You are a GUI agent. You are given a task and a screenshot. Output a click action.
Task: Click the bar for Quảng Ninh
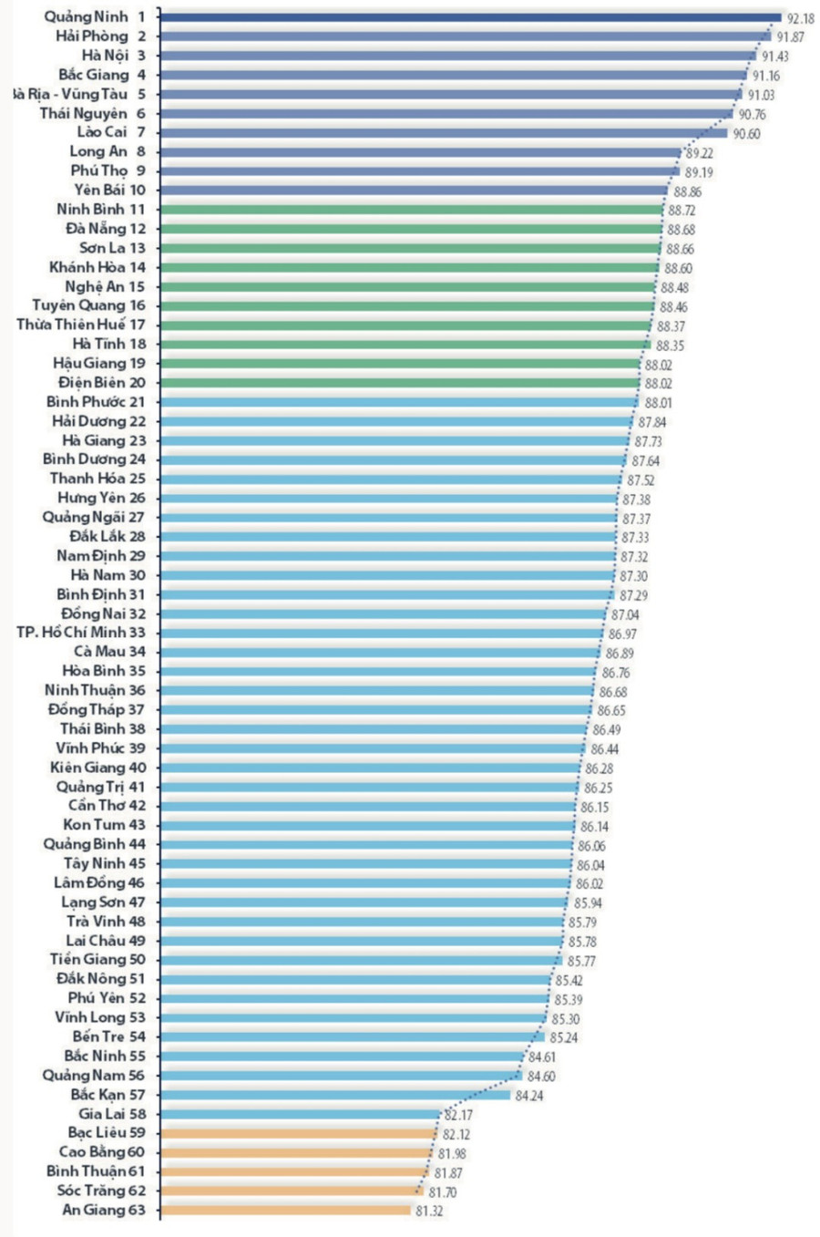pyautogui.click(x=469, y=16)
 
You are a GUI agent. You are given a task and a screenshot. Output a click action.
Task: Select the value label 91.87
pyautogui.click(x=790, y=37)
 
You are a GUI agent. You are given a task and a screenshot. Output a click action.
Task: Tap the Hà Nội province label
pyautogui.click(x=105, y=56)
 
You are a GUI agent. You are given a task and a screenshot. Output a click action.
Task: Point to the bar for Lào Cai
pyautogui.click(x=443, y=133)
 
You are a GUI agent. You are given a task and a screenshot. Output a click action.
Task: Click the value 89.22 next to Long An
pyautogui.click(x=700, y=153)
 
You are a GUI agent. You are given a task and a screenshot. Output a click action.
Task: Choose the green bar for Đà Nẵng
pyautogui.click(x=410, y=229)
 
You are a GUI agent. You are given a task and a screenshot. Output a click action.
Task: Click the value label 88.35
pyautogui.click(x=671, y=345)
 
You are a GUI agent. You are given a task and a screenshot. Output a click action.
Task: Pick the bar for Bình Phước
pyautogui.click(x=399, y=402)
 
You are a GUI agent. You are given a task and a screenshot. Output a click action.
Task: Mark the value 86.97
pyautogui.click(x=623, y=634)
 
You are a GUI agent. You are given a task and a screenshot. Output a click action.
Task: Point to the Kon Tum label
pyautogui.click(x=91, y=825)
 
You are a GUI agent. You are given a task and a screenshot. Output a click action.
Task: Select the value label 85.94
pyautogui.click(x=588, y=903)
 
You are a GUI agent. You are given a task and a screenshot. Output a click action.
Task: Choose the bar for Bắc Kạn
pyautogui.click(x=334, y=1095)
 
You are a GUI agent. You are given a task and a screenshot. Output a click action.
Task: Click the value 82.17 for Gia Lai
pyautogui.click(x=458, y=1115)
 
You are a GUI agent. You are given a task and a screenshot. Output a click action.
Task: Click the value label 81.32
pyautogui.click(x=429, y=1211)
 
